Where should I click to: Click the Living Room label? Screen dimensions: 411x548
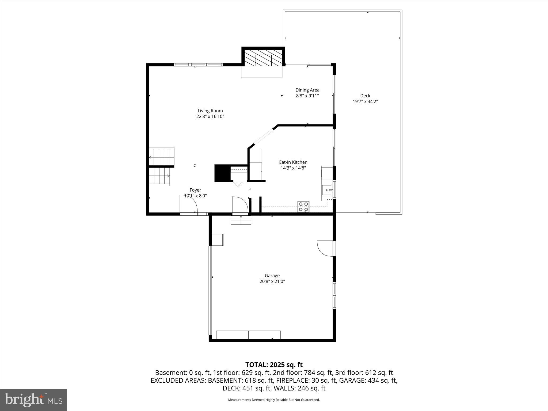click(x=210, y=111)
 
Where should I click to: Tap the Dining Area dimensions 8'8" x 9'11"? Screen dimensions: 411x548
click(x=307, y=96)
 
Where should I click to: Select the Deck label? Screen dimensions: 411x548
click(x=365, y=96)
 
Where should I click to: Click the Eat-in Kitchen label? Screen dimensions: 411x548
click(x=293, y=162)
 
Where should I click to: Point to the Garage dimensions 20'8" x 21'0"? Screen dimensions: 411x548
click(x=272, y=281)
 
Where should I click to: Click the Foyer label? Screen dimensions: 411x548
click(x=195, y=190)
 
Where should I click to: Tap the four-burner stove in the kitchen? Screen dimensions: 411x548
click(x=303, y=207)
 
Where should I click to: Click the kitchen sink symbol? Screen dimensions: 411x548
click(x=327, y=190)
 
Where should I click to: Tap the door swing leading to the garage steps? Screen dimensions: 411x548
click(x=240, y=205)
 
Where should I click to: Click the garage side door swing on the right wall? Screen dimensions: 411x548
click(x=325, y=248)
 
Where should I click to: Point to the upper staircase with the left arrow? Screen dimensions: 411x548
click(x=161, y=157)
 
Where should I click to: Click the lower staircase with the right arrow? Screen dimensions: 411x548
click(x=159, y=176)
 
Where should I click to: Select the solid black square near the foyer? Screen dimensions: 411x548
click(x=222, y=173)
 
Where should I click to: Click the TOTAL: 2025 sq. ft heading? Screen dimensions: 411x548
click(x=274, y=365)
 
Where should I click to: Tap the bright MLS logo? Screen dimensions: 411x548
click(x=33, y=400)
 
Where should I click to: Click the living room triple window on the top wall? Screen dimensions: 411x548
click(x=198, y=64)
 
